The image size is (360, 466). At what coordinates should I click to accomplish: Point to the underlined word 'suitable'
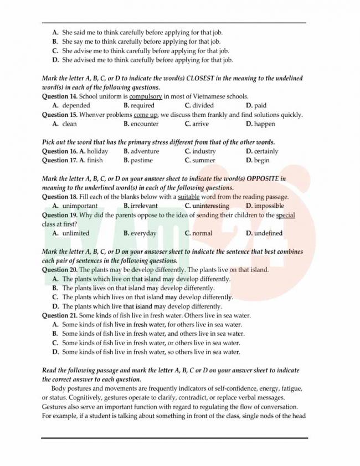pos(188,197)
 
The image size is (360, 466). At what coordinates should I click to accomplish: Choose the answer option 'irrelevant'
pos(144,206)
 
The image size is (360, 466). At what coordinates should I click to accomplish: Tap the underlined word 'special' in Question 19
pos(285,215)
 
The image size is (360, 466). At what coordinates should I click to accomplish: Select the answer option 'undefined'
pos(268,233)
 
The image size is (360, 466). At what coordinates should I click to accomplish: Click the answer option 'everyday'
pos(143,233)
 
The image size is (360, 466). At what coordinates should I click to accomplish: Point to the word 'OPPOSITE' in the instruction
pos(265,179)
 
